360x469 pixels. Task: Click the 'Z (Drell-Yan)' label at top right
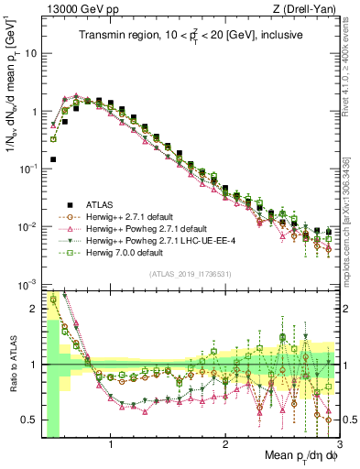[x=302, y=10]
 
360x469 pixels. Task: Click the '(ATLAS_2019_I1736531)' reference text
[x=190, y=274]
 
